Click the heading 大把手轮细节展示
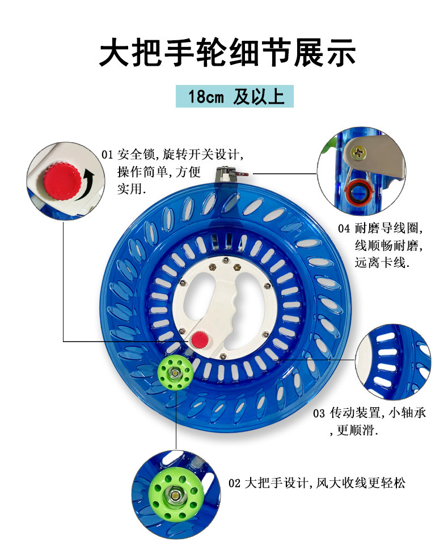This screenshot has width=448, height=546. [x=227, y=54]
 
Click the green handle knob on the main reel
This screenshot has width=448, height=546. [x=175, y=373]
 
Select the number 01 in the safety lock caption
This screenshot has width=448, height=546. [x=108, y=154]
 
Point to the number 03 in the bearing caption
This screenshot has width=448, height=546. [x=319, y=413]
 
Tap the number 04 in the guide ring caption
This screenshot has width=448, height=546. [x=344, y=229]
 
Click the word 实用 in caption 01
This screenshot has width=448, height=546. [x=130, y=189]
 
